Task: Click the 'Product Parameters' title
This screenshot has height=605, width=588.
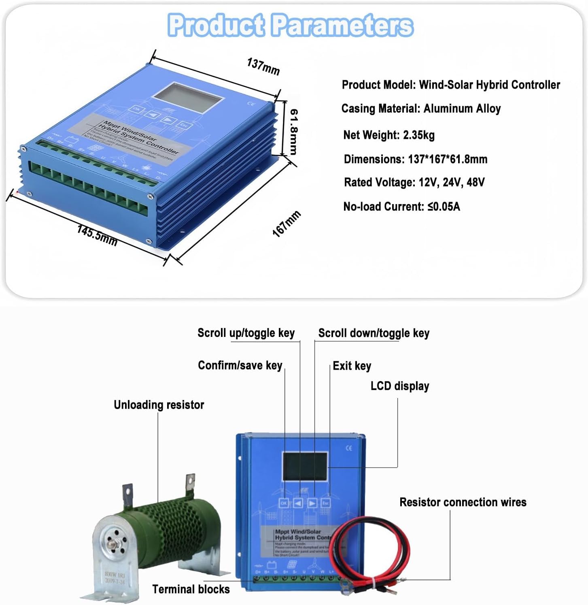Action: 290,25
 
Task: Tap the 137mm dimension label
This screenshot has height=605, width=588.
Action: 263,66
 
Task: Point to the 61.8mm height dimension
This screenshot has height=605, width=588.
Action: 294,132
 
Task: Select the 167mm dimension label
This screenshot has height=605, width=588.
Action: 286,224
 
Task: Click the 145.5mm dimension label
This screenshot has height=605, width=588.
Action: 97,236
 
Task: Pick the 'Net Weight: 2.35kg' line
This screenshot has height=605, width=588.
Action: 388,135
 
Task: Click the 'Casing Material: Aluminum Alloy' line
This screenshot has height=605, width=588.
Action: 421,109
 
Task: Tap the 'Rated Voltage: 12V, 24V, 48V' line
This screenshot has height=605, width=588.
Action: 414,182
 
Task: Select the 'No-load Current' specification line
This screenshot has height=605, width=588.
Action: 401,207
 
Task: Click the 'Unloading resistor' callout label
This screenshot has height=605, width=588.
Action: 159,405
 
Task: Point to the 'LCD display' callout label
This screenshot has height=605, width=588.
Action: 399,386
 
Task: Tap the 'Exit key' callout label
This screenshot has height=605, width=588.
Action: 352,366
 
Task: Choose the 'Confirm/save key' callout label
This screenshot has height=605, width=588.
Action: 240,365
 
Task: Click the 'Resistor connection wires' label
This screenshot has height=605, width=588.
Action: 463,502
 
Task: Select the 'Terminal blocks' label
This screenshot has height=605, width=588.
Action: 191,589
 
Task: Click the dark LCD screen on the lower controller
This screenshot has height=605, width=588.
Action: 305,466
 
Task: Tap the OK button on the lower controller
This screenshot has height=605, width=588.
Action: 284,503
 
